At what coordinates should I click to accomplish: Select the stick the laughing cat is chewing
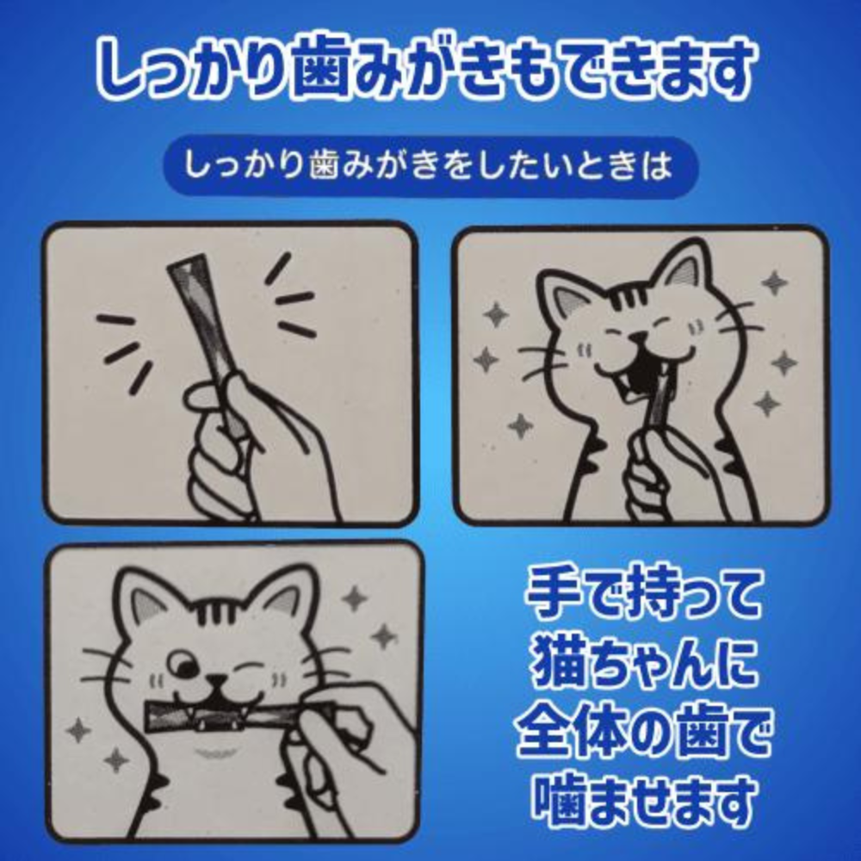[x=660, y=405]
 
